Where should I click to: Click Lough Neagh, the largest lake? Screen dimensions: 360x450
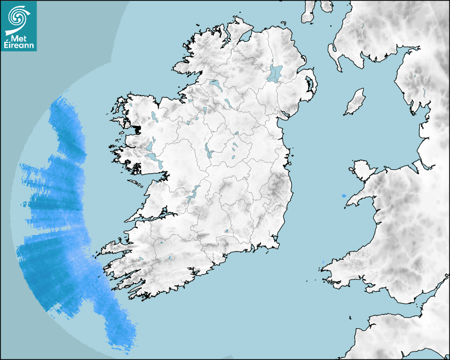tap(275, 73)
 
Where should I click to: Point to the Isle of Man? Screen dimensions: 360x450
tap(355, 102)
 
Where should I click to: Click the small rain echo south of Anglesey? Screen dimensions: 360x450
tap(344, 196)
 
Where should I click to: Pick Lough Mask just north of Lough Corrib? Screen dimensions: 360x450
tap(150, 145)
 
